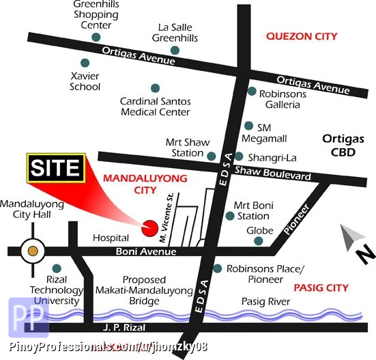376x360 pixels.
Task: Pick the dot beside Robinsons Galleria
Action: [252, 91]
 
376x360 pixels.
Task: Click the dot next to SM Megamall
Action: [248, 126]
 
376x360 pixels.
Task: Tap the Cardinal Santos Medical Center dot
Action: [156, 87]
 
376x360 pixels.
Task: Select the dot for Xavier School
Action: [85, 62]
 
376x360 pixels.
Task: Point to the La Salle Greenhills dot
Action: [175, 50]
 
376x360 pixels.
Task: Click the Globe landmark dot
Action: [259, 241]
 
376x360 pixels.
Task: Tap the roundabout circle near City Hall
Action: [32, 252]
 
